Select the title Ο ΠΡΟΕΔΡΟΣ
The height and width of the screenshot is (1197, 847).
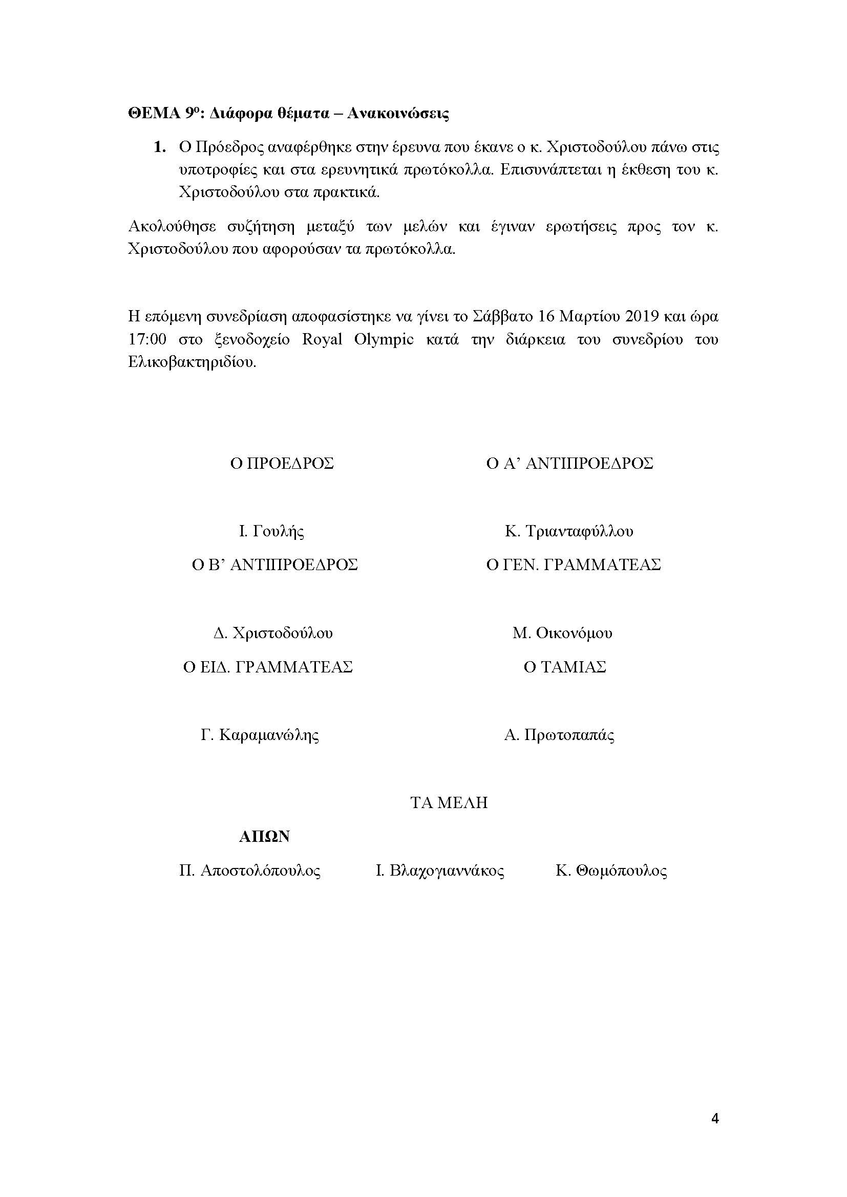[x=282, y=464]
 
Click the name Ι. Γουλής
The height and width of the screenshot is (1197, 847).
[x=271, y=531]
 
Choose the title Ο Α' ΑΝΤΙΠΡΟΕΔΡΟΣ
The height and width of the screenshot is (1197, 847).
[x=569, y=464]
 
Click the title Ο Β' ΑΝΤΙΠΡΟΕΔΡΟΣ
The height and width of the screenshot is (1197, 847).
[x=275, y=565]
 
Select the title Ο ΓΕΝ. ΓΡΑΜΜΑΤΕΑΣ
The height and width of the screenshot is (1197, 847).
[x=573, y=565]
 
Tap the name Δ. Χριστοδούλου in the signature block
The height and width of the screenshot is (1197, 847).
[x=273, y=633]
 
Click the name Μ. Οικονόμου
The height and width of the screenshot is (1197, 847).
[x=562, y=633]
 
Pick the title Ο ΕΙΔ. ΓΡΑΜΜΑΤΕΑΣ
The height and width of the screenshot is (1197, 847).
[x=267, y=667]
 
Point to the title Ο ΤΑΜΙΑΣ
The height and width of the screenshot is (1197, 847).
[x=565, y=667]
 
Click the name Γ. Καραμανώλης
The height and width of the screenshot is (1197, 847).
[x=260, y=735]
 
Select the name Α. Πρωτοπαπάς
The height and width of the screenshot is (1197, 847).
[x=559, y=735]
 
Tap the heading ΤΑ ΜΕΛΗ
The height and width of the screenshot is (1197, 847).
[x=449, y=803]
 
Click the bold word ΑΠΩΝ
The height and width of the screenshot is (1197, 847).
[x=264, y=837]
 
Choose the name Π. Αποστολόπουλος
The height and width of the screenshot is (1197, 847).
[x=250, y=870]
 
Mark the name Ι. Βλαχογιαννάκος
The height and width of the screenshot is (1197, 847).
[x=440, y=870]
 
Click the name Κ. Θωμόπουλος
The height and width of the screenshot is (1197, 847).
[x=611, y=870]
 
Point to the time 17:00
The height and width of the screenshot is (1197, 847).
[x=147, y=339]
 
